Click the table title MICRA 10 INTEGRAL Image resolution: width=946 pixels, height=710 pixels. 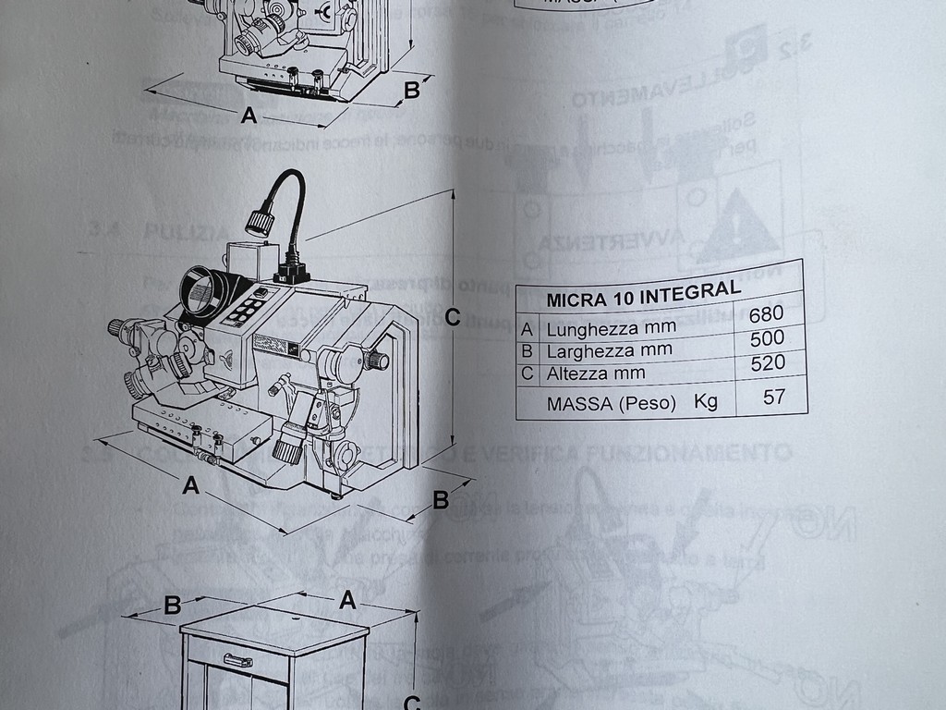coord(643,295)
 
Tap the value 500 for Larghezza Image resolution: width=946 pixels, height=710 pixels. coord(768,337)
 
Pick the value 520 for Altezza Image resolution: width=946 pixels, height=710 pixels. coord(768,362)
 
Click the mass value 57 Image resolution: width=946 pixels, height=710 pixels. coord(773,398)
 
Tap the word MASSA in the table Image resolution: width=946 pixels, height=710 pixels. coord(578,404)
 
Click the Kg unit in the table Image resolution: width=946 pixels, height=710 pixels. coord(707,402)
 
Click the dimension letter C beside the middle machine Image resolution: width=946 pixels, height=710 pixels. coord(452,317)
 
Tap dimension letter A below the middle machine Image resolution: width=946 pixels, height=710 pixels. coord(190,484)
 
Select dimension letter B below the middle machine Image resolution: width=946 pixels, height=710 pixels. coord(441,500)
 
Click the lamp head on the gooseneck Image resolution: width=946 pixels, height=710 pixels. coord(259,222)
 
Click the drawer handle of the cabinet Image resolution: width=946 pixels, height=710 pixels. coord(237,660)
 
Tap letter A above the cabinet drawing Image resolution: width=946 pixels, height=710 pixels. coord(347,601)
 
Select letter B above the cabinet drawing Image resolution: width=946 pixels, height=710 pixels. coord(172,606)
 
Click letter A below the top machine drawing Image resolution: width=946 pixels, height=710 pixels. coord(248,116)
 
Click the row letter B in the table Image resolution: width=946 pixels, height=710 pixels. coord(528,352)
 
